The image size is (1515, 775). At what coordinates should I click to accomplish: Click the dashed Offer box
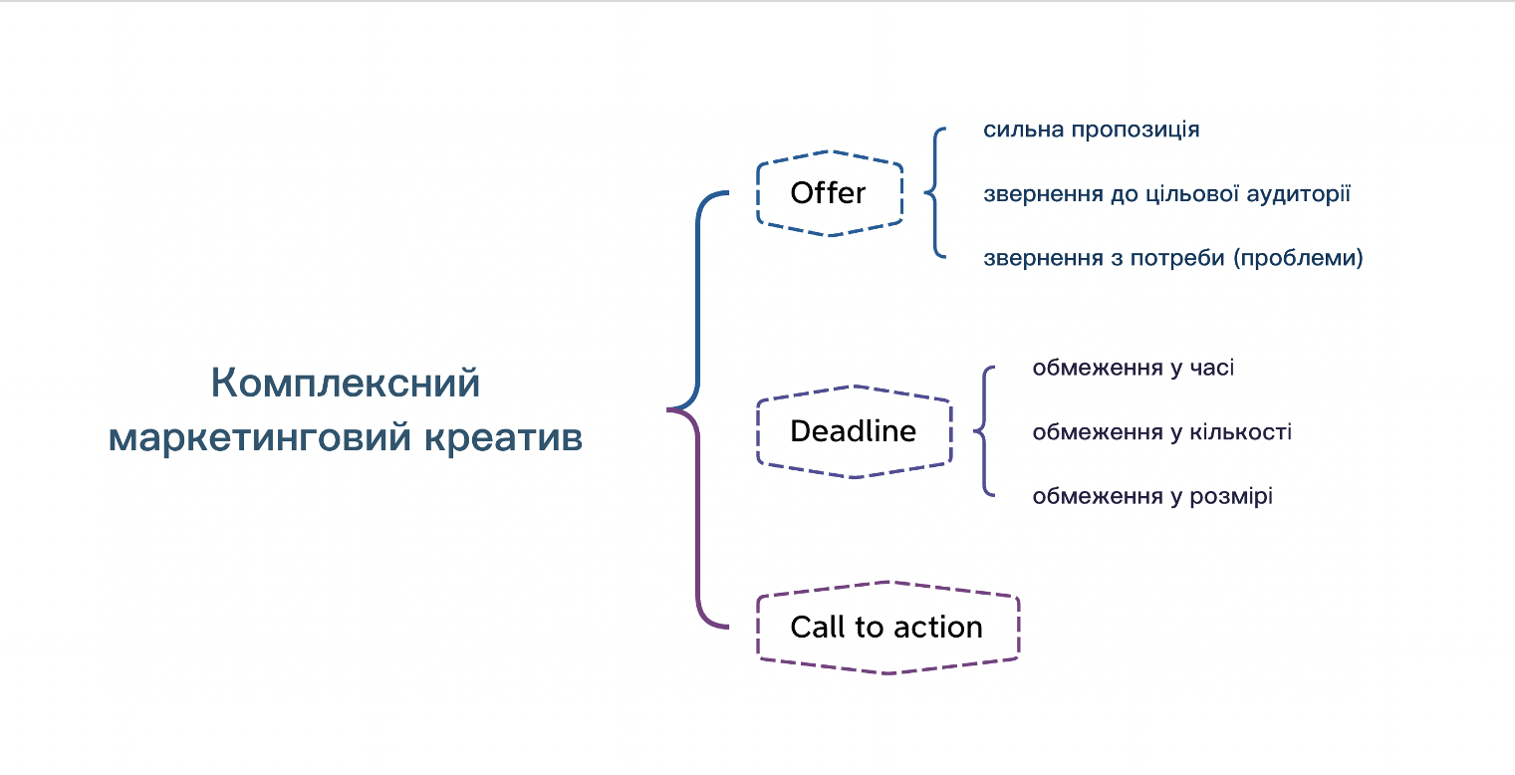tap(829, 193)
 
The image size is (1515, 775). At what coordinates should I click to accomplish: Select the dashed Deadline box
tap(853, 431)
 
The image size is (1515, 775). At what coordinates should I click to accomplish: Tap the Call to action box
tap(886, 628)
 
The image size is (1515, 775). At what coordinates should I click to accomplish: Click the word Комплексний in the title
tap(346, 384)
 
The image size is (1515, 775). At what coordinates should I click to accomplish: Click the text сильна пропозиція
tap(1091, 130)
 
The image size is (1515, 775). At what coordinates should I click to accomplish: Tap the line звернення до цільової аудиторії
tap(1166, 194)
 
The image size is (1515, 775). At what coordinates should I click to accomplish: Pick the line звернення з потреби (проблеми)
tap(1172, 258)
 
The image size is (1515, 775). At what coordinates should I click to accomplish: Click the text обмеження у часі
tap(1133, 369)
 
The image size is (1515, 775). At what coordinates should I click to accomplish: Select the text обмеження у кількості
tap(1161, 432)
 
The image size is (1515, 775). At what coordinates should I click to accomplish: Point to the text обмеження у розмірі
tap(1151, 496)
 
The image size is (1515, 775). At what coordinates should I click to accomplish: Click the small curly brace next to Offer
tap(934, 193)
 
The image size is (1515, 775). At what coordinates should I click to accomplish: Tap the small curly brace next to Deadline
tap(984, 431)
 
